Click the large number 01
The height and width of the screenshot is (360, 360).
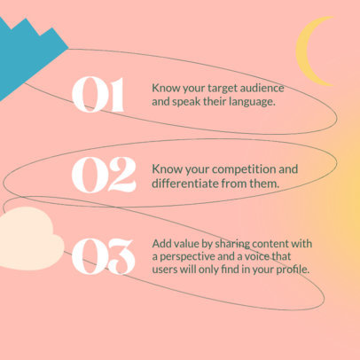pyautogui.click(x=97, y=96)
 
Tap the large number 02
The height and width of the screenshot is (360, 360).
pyautogui.click(x=103, y=175)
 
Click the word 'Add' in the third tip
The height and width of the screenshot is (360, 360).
pyautogui.click(x=162, y=243)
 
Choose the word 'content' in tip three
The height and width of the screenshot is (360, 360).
pyautogui.click(x=270, y=243)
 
